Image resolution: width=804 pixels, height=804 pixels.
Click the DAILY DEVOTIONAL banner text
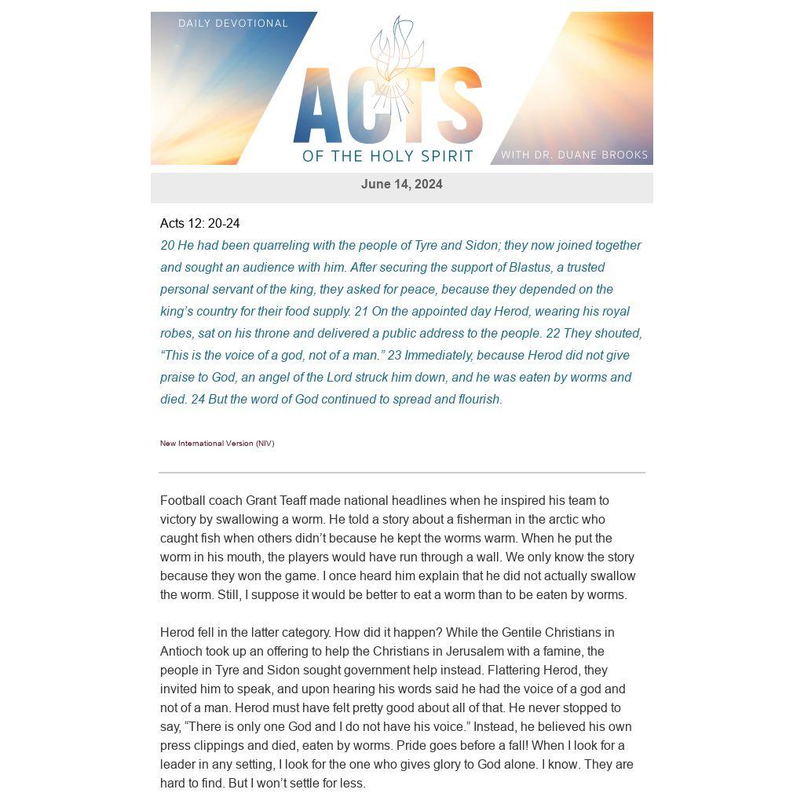pyautogui.click(x=233, y=24)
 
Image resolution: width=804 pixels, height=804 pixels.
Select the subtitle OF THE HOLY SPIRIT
pyautogui.click(x=388, y=156)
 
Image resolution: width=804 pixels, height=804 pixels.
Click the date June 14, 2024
pyautogui.click(x=401, y=185)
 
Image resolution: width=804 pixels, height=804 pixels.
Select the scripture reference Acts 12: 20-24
pyautogui.click(x=199, y=224)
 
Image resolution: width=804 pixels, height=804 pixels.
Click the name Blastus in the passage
pyautogui.click(x=529, y=268)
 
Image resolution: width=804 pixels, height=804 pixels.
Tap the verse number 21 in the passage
pyautogui.click(x=361, y=312)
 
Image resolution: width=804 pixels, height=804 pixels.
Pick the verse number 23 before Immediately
pyautogui.click(x=394, y=356)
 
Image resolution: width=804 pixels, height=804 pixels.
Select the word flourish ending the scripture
pyautogui.click(x=479, y=400)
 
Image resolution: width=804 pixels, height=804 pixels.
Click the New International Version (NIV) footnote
pyautogui.click(x=217, y=444)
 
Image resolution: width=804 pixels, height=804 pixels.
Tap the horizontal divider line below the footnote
pyautogui.click(x=401, y=473)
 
